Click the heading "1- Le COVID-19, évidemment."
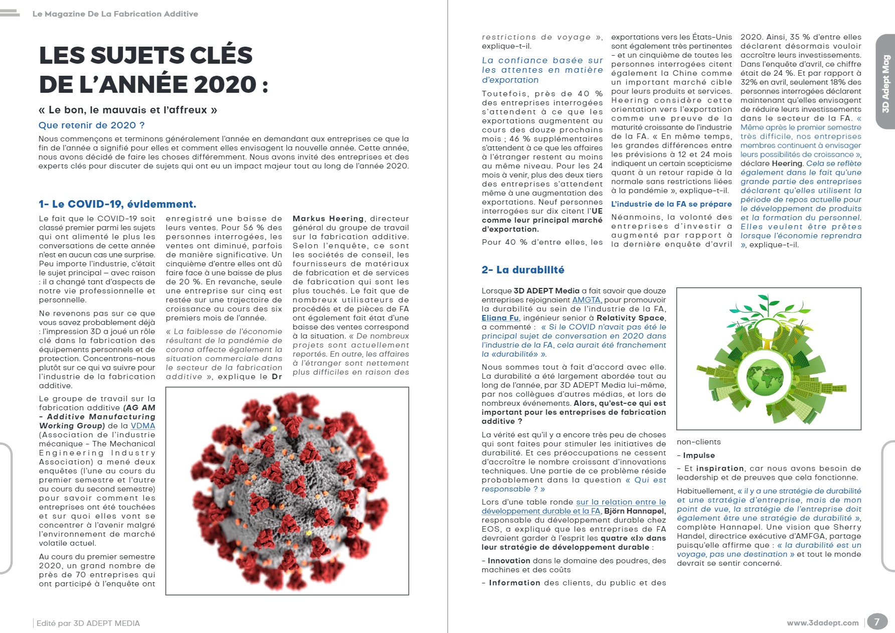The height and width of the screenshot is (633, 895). click(117, 204)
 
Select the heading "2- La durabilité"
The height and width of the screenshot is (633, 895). click(522, 270)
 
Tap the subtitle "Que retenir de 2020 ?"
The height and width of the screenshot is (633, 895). click(91, 125)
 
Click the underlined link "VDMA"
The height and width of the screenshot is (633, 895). click(143, 426)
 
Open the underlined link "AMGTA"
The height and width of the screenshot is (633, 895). click(586, 300)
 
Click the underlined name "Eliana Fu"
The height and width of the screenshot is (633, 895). click(500, 318)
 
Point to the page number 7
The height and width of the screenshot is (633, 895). click(876, 622)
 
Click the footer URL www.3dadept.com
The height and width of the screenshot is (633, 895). click(822, 623)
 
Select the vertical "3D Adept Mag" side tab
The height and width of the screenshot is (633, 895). click(885, 83)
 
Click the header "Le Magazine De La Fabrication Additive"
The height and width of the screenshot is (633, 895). click(115, 14)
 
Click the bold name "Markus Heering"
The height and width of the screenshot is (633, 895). click(328, 219)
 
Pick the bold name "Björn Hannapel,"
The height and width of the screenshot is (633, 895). click(635, 511)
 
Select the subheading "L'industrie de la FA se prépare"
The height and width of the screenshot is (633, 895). click(671, 204)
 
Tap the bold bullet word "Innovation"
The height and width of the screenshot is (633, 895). click(509, 561)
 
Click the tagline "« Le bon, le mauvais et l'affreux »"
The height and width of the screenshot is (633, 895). click(128, 110)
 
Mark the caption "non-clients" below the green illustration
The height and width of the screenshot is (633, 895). click(698, 442)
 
